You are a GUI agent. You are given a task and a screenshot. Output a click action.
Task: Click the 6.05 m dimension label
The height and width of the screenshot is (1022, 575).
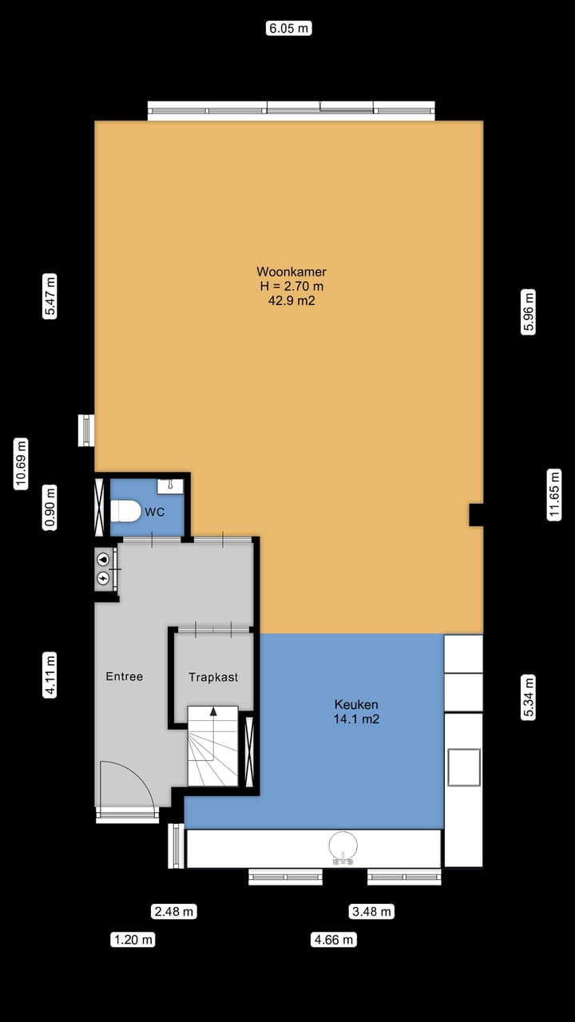[x=288, y=29]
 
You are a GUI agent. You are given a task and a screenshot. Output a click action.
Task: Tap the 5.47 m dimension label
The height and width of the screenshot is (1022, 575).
[x=50, y=297]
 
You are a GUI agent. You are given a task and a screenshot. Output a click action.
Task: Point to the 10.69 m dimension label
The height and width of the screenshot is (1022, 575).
[x=22, y=464]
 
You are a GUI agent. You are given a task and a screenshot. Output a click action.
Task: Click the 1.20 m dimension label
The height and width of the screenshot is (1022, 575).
[x=133, y=940]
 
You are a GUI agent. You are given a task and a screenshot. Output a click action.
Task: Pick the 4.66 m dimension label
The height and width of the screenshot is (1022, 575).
[x=333, y=940]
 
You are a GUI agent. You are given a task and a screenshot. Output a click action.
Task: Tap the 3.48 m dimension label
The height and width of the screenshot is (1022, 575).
[x=372, y=911]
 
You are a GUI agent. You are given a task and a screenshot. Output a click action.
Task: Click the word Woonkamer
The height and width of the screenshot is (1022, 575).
[x=291, y=271]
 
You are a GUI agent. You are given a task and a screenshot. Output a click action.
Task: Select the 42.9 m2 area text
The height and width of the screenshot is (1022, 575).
[x=291, y=301]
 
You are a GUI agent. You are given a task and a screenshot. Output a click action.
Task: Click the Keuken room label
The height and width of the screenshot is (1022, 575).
[x=356, y=704]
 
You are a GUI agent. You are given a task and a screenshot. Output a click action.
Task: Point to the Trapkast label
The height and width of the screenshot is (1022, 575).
[x=213, y=677]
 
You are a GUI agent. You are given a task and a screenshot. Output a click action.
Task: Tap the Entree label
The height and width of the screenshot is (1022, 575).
[x=125, y=676]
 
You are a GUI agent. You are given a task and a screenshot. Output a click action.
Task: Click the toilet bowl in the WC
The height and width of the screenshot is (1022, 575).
[x=125, y=510]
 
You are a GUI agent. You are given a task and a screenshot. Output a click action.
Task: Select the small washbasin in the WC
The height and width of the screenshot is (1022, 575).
[x=170, y=485]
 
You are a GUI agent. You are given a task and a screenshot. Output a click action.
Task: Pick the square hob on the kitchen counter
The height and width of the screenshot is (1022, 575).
[x=464, y=767]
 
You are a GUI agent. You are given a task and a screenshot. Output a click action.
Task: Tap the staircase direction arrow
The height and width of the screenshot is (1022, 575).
[x=213, y=711]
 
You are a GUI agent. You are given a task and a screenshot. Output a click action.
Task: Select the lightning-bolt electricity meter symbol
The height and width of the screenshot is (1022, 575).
[x=103, y=577]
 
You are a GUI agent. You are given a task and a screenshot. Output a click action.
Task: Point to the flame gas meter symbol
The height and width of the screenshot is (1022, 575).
[x=103, y=560]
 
